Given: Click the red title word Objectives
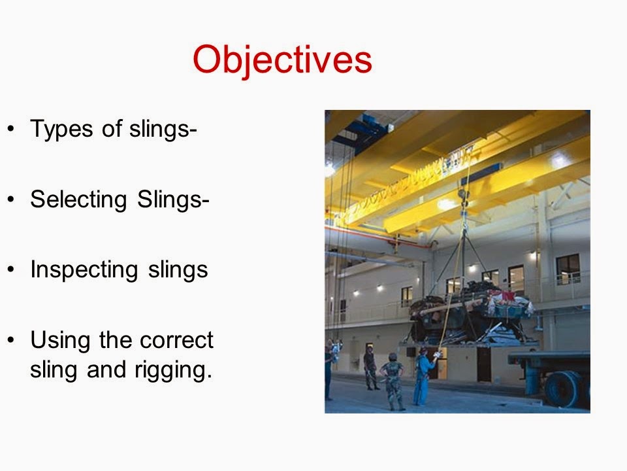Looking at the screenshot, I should click(282, 60).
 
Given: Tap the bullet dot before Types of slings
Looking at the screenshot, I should click(10, 130).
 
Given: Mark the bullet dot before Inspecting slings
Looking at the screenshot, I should click(10, 270).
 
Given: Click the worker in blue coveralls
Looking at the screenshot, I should click(422, 376).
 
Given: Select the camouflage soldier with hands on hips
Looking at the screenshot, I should click(393, 381).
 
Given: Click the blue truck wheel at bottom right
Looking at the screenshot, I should click(564, 390).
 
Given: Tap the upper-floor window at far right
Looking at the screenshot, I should click(568, 269).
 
